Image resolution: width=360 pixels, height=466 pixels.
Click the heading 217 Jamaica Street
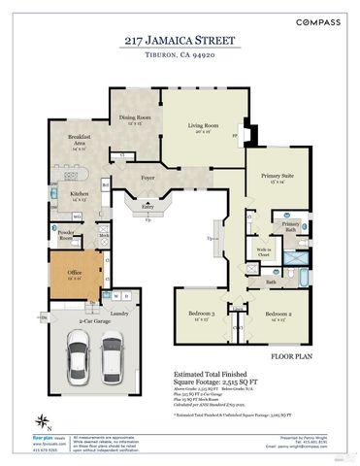coord(180,41)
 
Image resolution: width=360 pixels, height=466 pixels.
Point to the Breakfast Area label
coord(80,141)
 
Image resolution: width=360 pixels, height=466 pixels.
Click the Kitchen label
coord(81,194)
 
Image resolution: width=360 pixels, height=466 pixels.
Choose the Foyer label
coord(148,179)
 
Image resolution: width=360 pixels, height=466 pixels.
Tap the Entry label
coord(147,207)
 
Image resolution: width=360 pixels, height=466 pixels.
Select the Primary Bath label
coord(291,225)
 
